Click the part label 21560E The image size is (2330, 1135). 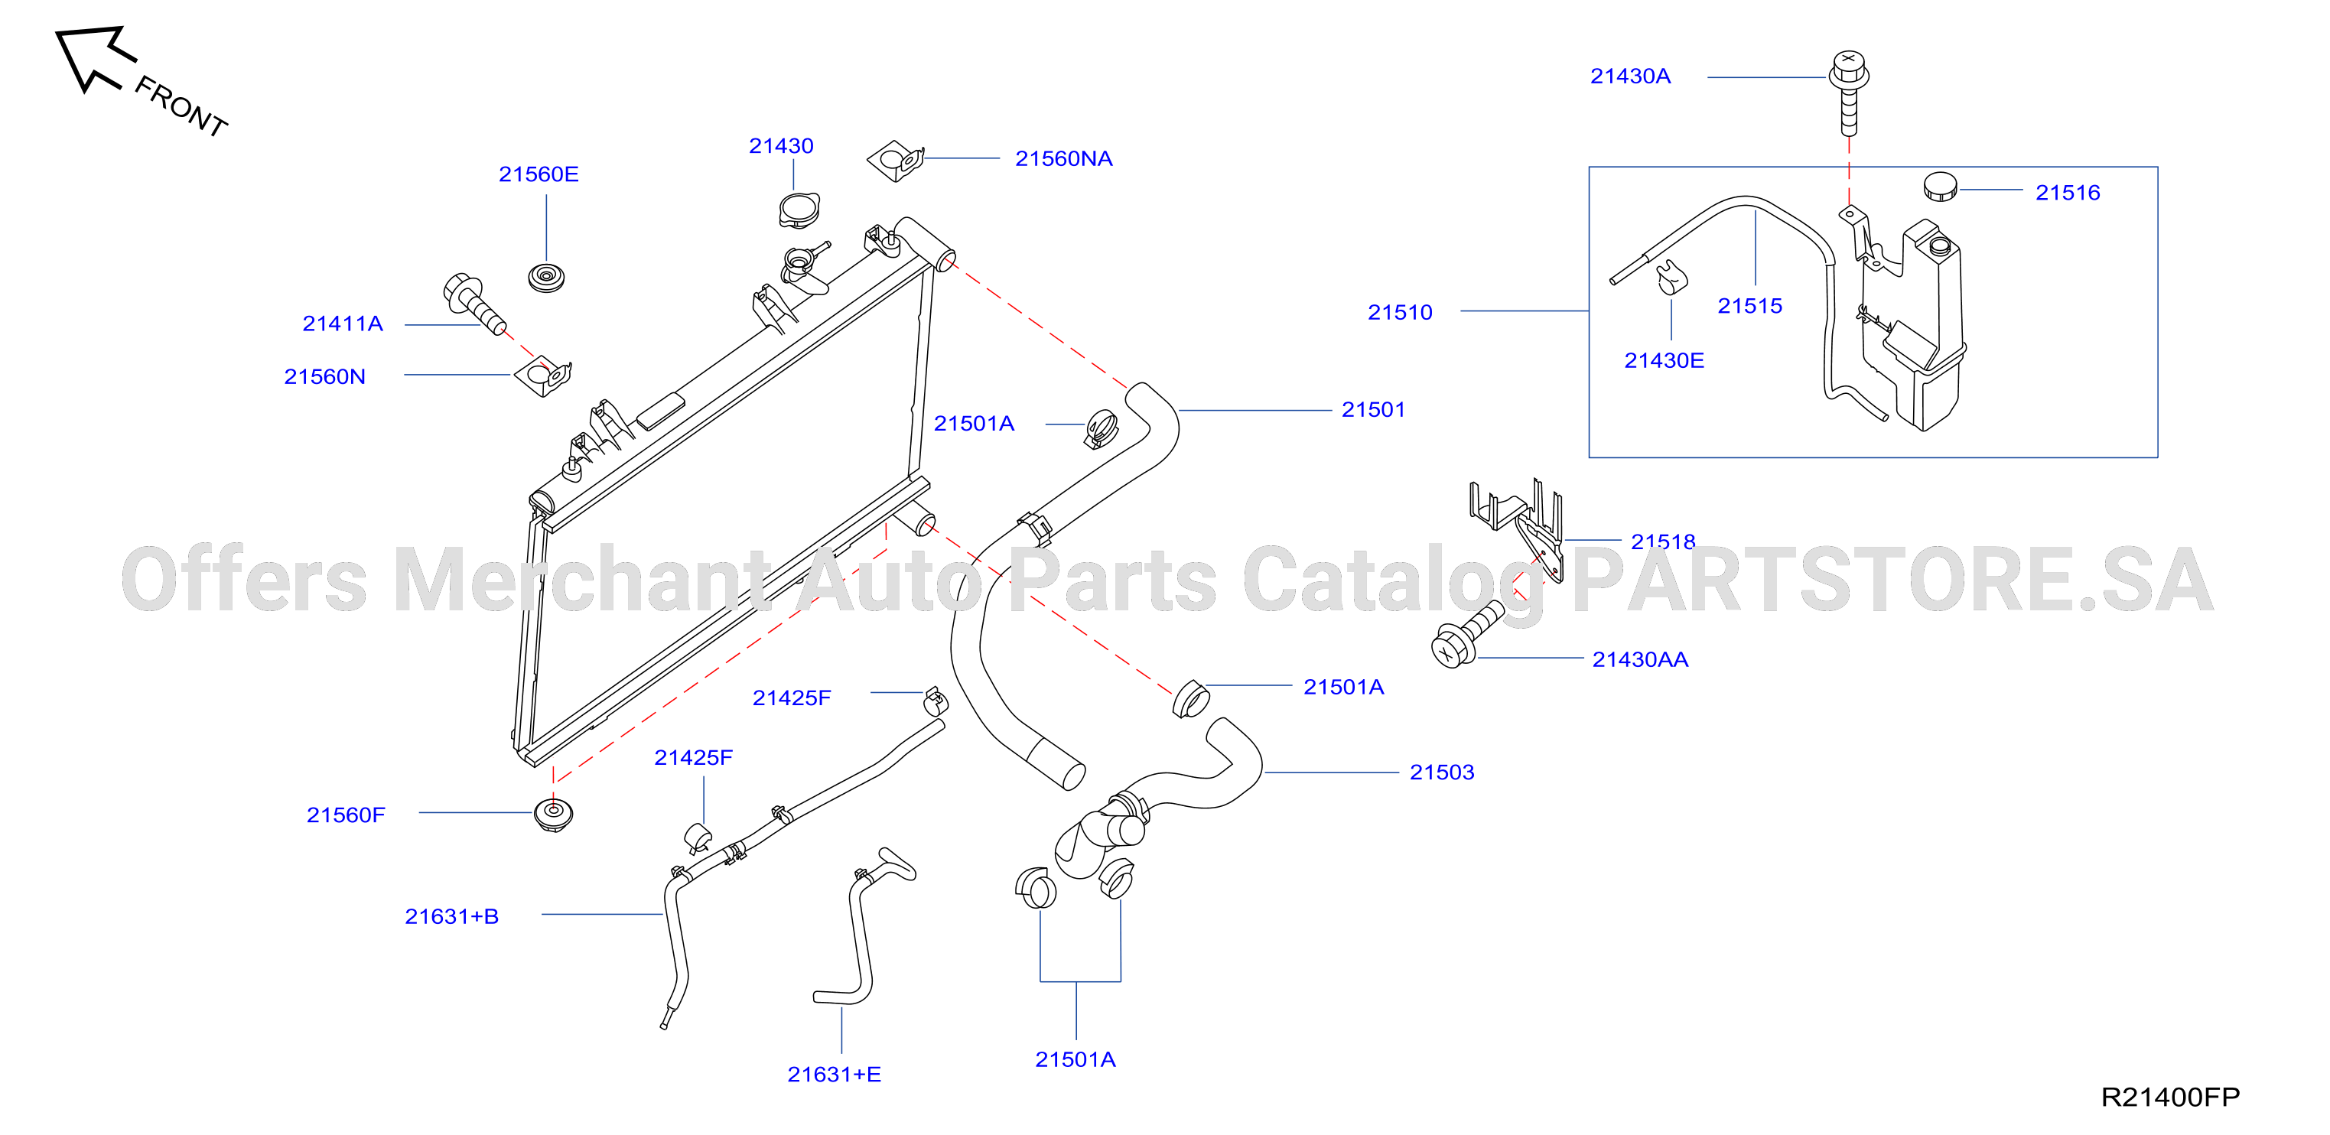(539, 174)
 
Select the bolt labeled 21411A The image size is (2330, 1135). (474, 303)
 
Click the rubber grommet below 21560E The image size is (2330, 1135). (546, 277)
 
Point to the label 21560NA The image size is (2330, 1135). (1064, 158)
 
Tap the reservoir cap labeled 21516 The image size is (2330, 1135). (1940, 187)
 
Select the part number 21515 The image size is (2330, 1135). (1749, 306)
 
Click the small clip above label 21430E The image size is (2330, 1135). (1671, 277)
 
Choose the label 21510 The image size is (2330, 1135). (1399, 312)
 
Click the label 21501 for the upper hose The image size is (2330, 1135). (1373, 410)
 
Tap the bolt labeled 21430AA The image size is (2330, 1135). (1467, 634)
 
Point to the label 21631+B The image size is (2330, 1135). (451, 916)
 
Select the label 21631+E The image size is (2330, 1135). (834, 1075)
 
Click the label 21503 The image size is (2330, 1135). (1442, 772)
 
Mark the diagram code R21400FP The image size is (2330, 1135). (2170, 1097)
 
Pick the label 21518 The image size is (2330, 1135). (1662, 541)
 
